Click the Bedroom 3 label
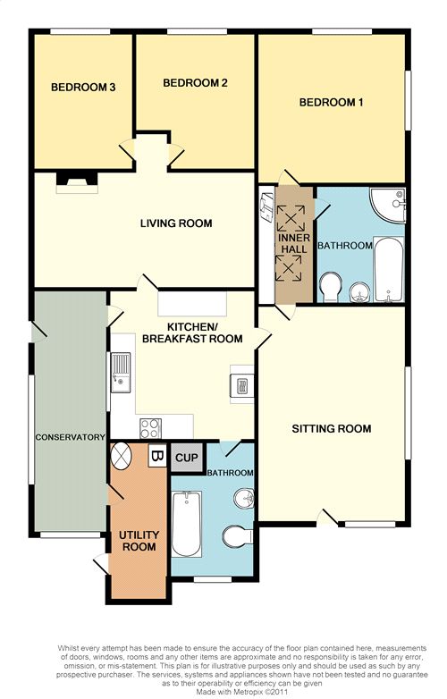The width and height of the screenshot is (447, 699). [x=83, y=88]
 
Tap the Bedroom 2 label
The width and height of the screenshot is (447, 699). [x=195, y=83]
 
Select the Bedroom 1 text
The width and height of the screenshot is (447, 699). [x=331, y=103]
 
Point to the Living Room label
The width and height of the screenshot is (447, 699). [x=176, y=223]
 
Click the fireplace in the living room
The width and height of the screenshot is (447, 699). [x=77, y=182]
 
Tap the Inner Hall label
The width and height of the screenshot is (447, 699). [x=294, y=243]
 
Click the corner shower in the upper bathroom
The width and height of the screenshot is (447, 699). [x=389, y=205]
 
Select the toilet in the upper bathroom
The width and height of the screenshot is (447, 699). [x=331, y=288]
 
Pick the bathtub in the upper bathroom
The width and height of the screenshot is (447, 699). [x=389, y=269]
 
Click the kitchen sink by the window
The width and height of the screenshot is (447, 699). [x=121, y=373]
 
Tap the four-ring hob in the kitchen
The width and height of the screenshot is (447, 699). [x=150, y=428]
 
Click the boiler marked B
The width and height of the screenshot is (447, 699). [x=156, y=456]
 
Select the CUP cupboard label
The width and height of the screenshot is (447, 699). [x=187, y=458]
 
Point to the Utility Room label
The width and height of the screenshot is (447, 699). [x=139, y=541]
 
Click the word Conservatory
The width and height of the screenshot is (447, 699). [x=71, y=437]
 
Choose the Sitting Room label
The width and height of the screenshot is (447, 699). [x=332, y=429]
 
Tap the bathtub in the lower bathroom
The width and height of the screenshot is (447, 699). [x=186, y=524]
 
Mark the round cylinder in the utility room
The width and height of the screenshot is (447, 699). [x=121, y=456]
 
